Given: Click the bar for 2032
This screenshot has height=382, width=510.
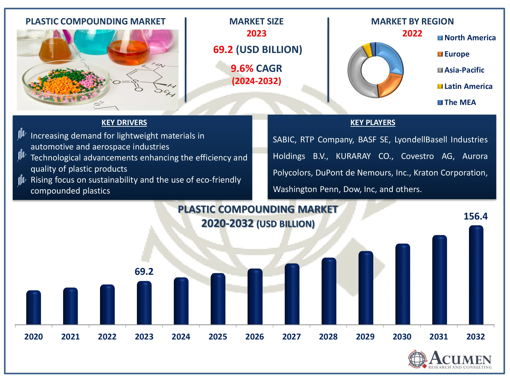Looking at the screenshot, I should click(476, 275).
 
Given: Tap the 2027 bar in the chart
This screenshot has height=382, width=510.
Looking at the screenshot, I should click(292, 294).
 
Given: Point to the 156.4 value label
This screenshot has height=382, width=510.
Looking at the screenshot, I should click(475, 216).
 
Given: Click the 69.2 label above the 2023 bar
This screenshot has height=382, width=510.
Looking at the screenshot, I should click(144, 272).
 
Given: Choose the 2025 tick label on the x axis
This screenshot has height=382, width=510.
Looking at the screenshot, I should click(218, 337).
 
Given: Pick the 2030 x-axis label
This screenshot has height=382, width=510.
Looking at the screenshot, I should click(402, 337).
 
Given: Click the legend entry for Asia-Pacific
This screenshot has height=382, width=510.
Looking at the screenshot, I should click(464, 70).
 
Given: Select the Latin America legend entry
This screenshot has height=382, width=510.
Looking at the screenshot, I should click(468, 86).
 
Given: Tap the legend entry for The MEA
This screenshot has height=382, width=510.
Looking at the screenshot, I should click(460, 102).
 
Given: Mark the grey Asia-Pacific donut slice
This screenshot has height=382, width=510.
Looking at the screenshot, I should click(357, 74).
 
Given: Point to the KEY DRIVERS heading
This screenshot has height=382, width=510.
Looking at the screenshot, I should click(124, 122).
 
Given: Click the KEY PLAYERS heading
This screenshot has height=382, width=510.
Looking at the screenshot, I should click(373, 122).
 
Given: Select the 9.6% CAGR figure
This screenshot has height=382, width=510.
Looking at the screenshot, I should click(256, 69).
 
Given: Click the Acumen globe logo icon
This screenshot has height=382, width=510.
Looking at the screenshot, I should click(417, 359).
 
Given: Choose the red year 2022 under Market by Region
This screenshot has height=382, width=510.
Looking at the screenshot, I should click(412, 33).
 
